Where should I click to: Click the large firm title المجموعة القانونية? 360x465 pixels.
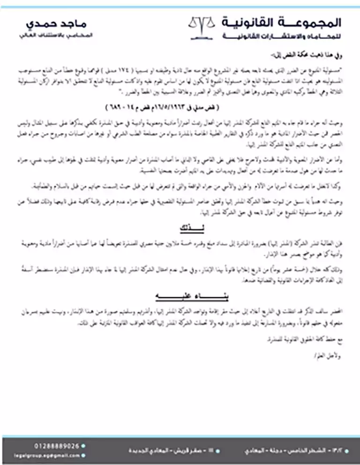tap(281, 22)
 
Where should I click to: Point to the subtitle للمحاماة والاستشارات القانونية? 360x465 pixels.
tap(281, 37)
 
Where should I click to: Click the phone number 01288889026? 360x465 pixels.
tap(57, 445)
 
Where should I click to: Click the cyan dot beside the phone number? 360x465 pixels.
tap(83, 445)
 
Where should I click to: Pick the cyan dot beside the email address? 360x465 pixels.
tap(83, 455)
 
